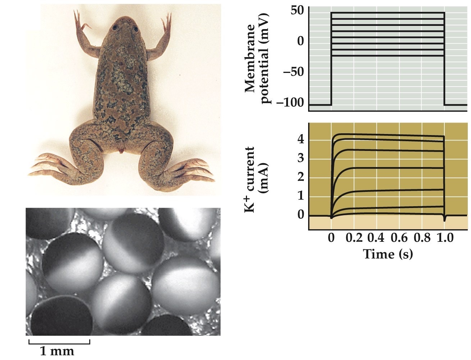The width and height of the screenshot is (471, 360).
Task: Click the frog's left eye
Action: [x=115, y=28]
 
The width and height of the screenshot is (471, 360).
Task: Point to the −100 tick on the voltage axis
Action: [x=291, y=104]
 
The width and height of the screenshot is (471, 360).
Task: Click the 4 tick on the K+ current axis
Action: [x=301, y=139]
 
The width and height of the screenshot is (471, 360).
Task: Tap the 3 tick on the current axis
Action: [x=301, y=158]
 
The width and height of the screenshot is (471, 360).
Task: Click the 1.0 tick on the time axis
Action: [x=445, y=238]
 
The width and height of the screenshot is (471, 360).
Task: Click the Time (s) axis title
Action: [x=388, y=254]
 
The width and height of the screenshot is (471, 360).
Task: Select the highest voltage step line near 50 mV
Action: [x=388, y=13]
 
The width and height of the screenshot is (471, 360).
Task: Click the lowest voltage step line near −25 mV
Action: [x=388, y=56]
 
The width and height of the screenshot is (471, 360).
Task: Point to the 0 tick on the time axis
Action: [x=331, y=238]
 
